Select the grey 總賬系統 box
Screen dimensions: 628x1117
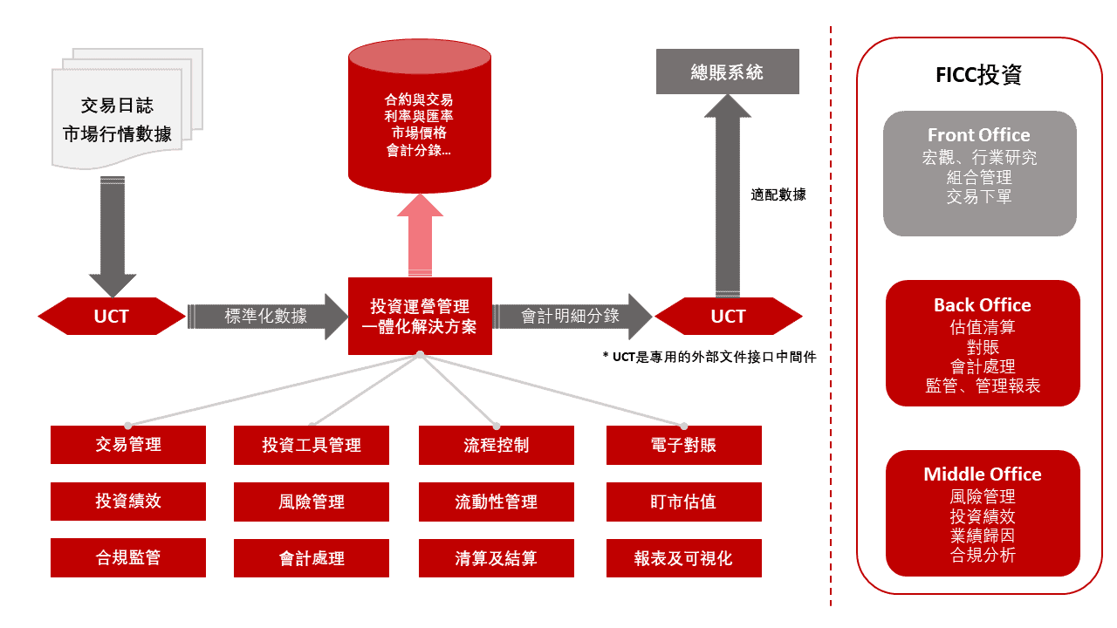[x=727, y=72]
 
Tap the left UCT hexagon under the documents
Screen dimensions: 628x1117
[x=112, y=316]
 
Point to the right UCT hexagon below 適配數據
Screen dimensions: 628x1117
[x=728, y=316]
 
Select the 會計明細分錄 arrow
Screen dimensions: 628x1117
[x=571, y=316]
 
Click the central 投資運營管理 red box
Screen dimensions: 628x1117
[x=420, y=317]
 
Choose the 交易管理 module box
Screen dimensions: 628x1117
[x=128, y=445]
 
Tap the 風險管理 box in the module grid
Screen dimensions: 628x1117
[x=312, y=502]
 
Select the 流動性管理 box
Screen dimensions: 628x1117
[x=497, y=502]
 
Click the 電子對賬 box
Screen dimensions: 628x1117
[x=683, y=445]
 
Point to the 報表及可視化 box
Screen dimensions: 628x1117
[x=683, y=558]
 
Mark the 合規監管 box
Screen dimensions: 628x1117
[x=128, y=558]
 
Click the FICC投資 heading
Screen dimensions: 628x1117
[x=978, y=75]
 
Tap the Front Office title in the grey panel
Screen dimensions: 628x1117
[x=978, y=135]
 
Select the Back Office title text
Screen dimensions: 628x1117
[x=982, y=305]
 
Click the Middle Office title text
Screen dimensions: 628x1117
[x=982, y=474]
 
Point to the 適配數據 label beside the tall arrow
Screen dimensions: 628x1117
[x=778, y=195]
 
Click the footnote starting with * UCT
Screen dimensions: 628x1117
[x=709, y=357]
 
